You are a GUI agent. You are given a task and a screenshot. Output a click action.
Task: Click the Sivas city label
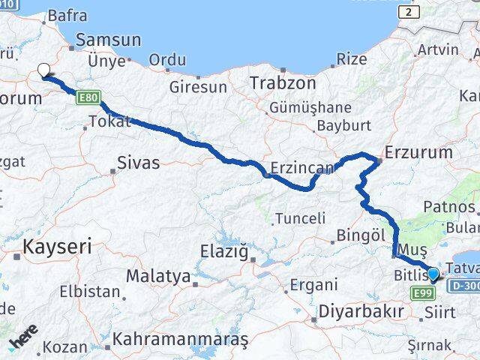click(x=139, y=162)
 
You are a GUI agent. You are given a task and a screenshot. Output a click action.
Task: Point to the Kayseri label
click(x=57, y=245)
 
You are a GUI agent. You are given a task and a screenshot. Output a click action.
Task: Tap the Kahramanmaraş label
click(x=180, y=339)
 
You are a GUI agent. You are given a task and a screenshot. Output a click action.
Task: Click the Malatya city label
click(x=157, y=276)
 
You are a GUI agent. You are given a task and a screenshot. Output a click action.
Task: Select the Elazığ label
click(x=224, y=251)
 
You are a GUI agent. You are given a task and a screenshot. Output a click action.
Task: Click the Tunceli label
click(x=300, y=218)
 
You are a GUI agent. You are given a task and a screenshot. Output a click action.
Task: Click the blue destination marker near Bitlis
click(x=433, y=273)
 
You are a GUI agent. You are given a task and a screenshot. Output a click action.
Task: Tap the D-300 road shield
click(x=460, y=285)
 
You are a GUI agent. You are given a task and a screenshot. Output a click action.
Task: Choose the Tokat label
click(x=109, y=121)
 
